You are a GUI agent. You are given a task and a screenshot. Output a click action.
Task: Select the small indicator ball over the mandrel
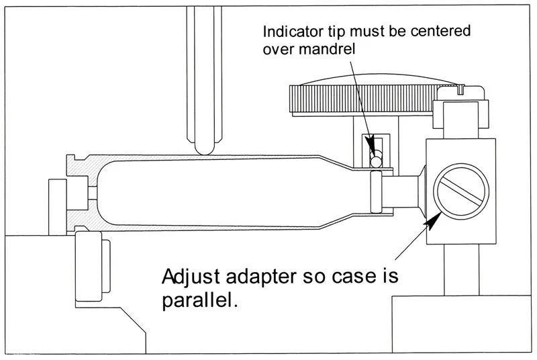click(x=377, y=161)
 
